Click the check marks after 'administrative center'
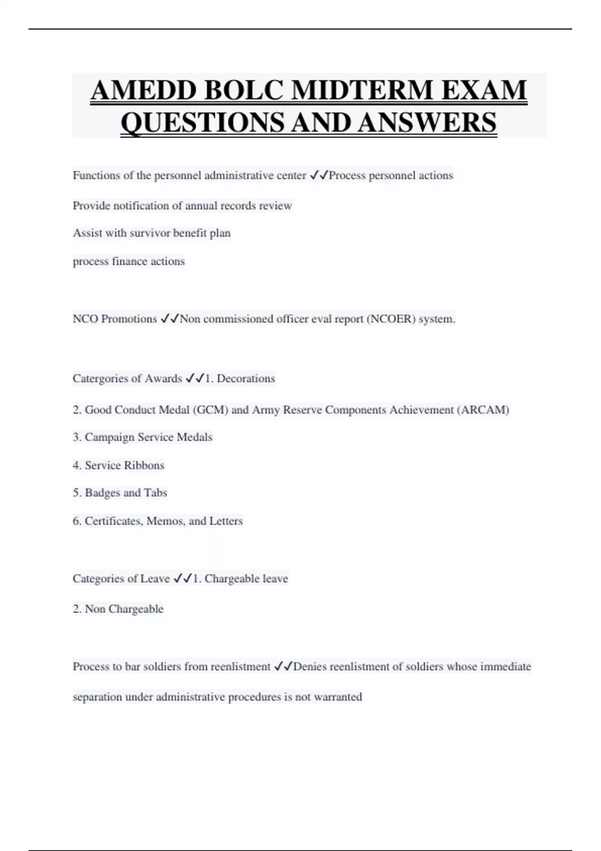click(x=319, y=175)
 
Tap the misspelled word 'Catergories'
click(x=100, y=378)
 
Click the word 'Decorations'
click(x=246, y=378)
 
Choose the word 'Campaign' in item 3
click(x=110, y=438)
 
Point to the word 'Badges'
click(x=102, y=493)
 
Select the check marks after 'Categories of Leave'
click(x=182, y=579)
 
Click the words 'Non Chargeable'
click(x=124, y=609)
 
